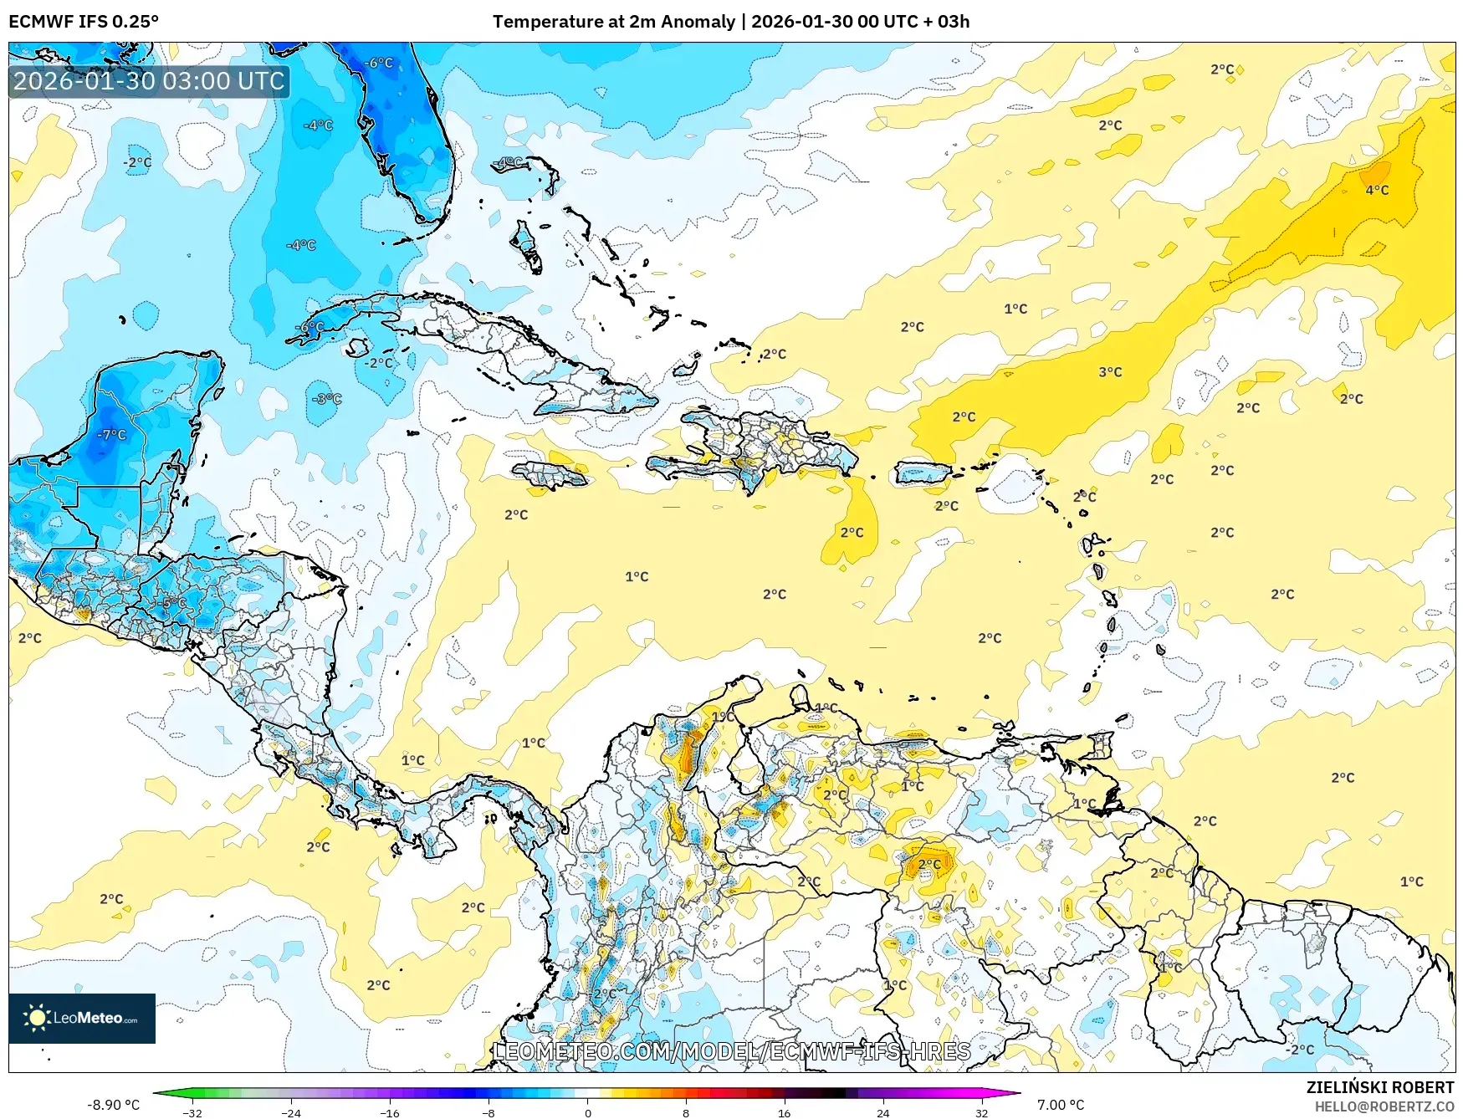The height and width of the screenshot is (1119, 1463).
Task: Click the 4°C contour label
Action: pos(1377,191)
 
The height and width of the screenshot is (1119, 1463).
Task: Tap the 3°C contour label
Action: pos(1110,372)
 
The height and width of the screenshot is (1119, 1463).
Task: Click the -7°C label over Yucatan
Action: pos(111,435)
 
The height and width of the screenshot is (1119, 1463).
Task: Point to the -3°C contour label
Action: pos(326,399)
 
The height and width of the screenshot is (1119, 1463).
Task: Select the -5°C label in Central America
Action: pos(172,603)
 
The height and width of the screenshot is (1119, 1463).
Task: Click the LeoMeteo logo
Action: pos(82,1018)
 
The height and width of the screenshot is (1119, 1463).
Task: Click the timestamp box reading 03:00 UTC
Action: pos(149,81)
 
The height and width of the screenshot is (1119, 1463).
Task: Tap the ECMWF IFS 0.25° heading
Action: pos(84,22)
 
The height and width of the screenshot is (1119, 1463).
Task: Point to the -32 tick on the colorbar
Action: pos(192,1112)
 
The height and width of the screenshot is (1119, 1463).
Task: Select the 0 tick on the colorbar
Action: pos(587,1112)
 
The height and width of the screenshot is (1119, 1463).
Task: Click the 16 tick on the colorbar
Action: pos(784,1112)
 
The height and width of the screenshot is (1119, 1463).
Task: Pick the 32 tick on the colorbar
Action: pos(981,1112)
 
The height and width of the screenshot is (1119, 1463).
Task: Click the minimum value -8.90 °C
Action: pos(113,1105)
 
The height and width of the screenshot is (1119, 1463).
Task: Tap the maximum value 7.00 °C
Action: pos(1061,1105)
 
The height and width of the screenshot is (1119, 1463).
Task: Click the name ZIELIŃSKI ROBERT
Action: pos(1380,1087)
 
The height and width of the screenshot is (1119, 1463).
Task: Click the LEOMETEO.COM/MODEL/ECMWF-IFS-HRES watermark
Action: pos(732,1051)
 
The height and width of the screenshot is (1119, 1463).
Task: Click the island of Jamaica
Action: pos(552,476)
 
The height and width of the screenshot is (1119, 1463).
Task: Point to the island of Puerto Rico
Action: pos(923,473)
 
